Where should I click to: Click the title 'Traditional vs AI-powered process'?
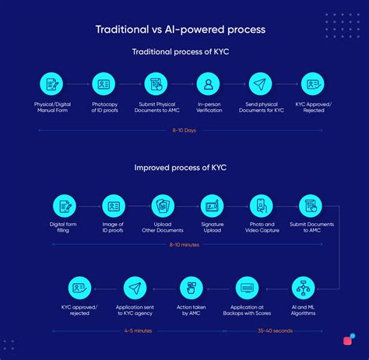click(180, 30)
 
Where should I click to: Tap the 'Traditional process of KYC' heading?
click(180, 52)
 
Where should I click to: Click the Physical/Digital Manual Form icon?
click(52, 83)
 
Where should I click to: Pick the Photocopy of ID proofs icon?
click(104, 83)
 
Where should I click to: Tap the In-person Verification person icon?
click(208, 83)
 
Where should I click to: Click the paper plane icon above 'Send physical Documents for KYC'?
click(260, 83)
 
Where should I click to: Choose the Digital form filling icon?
click(64, 206)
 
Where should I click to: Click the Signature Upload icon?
click(212, 206)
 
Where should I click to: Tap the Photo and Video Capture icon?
click(262, 206)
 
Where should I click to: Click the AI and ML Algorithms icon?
click(303, 288)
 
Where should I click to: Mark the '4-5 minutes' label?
click(139, 330)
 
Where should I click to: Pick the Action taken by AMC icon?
click(192, 288)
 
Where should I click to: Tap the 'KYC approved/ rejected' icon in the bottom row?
click(79, 288)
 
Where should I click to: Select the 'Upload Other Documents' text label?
click(163, 229)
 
